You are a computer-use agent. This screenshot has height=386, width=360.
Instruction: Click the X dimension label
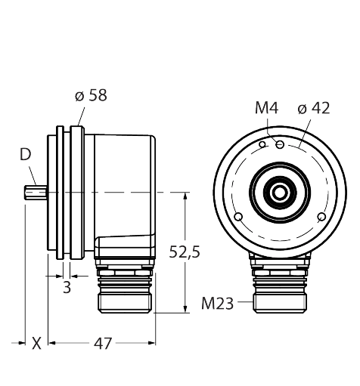point(36,344)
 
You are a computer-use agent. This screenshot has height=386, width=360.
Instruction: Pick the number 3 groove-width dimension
point(67,286)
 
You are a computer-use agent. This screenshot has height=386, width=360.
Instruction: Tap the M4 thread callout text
point(265,109)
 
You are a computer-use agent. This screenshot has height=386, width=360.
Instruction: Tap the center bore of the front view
point(281,193)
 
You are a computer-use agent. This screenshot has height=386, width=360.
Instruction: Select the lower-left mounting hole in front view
point(239,218)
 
